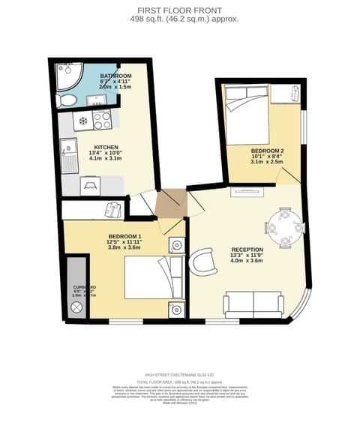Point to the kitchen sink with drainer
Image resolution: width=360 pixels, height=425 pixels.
pos(69,155)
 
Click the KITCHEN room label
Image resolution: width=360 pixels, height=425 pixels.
pos(106,148)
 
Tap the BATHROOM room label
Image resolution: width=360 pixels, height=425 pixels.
pos(115,76)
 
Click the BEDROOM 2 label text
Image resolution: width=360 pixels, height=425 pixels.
pos(266,151)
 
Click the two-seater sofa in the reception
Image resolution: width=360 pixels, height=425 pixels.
pos(253,304)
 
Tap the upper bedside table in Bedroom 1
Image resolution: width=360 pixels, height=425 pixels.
pos(177,244)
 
